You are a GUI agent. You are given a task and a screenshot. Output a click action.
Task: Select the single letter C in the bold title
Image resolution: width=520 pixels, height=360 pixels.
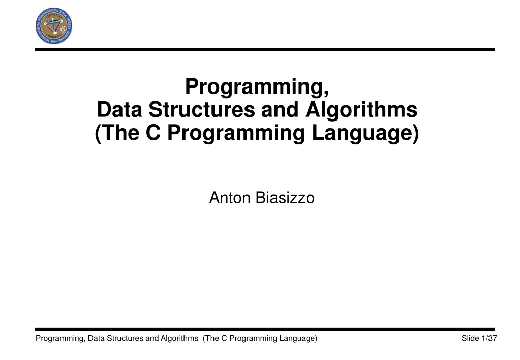click(154, 133)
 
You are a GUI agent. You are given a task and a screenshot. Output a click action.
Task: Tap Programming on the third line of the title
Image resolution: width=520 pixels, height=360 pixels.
click(237, 133)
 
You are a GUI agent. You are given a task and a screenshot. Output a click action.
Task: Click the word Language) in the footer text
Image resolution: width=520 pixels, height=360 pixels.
click(298, 339)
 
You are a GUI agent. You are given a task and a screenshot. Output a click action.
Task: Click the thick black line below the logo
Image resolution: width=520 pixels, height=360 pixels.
click(264, 49)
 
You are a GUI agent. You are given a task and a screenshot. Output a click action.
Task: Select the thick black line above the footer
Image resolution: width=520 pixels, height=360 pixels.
click(264, 329)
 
